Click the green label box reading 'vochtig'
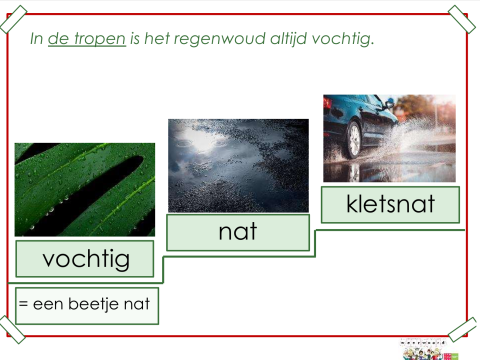[x=85, y=259]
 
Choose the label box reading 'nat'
[x=238, y=232]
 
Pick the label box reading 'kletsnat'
[x=390, y=205]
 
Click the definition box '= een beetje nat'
[x=87, y=305]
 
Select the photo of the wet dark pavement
[x=238, y=164]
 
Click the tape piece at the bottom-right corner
[x=462, y=329]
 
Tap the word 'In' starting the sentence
[x=36, y=39]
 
